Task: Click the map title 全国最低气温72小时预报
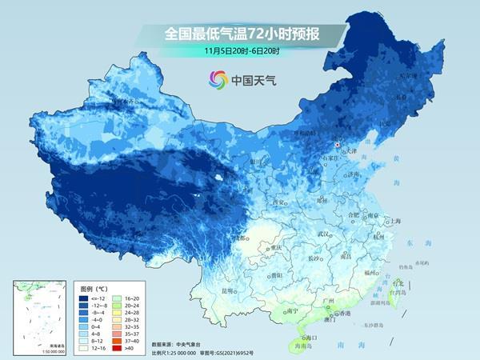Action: coord(239,34)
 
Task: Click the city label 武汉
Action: coord(323,234)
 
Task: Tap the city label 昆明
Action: coord(230,290)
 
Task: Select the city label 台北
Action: coord(398,282)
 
